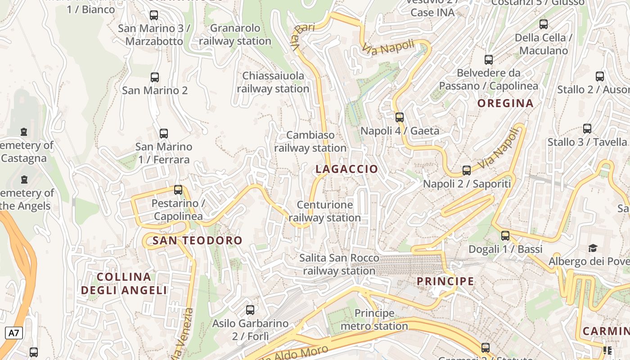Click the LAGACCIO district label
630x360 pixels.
point(346,169)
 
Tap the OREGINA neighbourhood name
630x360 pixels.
point(505,103)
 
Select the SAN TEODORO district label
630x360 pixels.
point(197,241)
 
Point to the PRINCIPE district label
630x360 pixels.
point(445,282)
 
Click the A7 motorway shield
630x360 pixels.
point(14,333)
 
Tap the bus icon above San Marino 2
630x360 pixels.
point(155,77)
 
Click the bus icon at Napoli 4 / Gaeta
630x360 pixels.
point(399,117)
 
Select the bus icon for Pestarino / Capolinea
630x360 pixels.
point(178,190)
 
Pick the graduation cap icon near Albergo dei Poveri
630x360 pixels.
point(593,248)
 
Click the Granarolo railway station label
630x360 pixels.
point(235,35)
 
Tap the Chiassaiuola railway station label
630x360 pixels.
point(273,82)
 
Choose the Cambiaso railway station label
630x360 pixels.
point(310,141)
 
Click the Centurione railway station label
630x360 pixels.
point(325,211)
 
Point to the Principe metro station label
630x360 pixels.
point(374,319)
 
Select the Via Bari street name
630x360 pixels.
point(303,36)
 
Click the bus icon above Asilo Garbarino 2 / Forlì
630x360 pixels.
point(250,310)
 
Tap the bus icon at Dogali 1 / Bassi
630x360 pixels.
point(505,235)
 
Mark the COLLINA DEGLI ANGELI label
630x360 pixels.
point(124,283)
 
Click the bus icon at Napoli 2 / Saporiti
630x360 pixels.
point(467,171)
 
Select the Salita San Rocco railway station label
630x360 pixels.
point(339,265)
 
